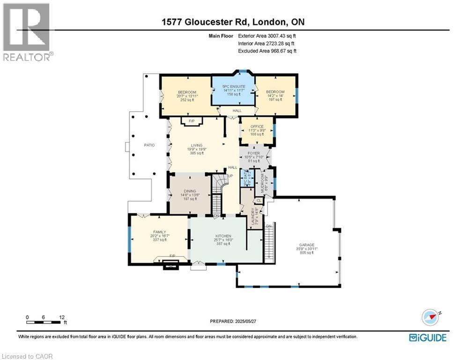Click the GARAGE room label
[308, 244]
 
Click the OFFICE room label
[257, 127]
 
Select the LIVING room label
[197, 146]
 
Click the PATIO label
[149, 145]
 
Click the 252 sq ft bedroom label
[187, 92]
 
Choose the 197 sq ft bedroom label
[275, 92]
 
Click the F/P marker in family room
[172, 255]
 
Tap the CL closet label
[259, 201]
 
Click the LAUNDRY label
[252, 217]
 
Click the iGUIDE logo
[428, 337]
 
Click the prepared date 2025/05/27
[247, 322]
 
